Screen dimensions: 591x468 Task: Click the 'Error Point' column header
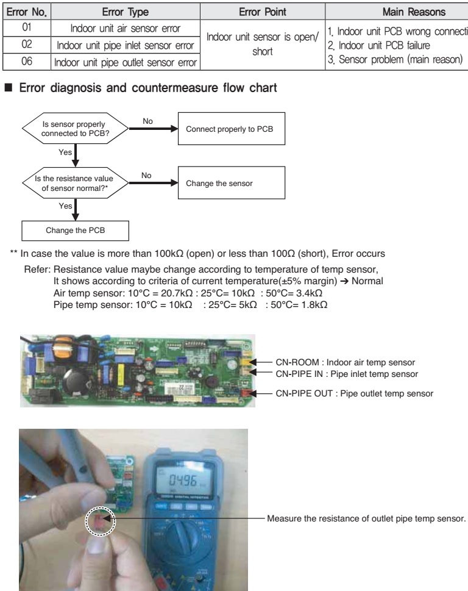(x=262, y=10)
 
